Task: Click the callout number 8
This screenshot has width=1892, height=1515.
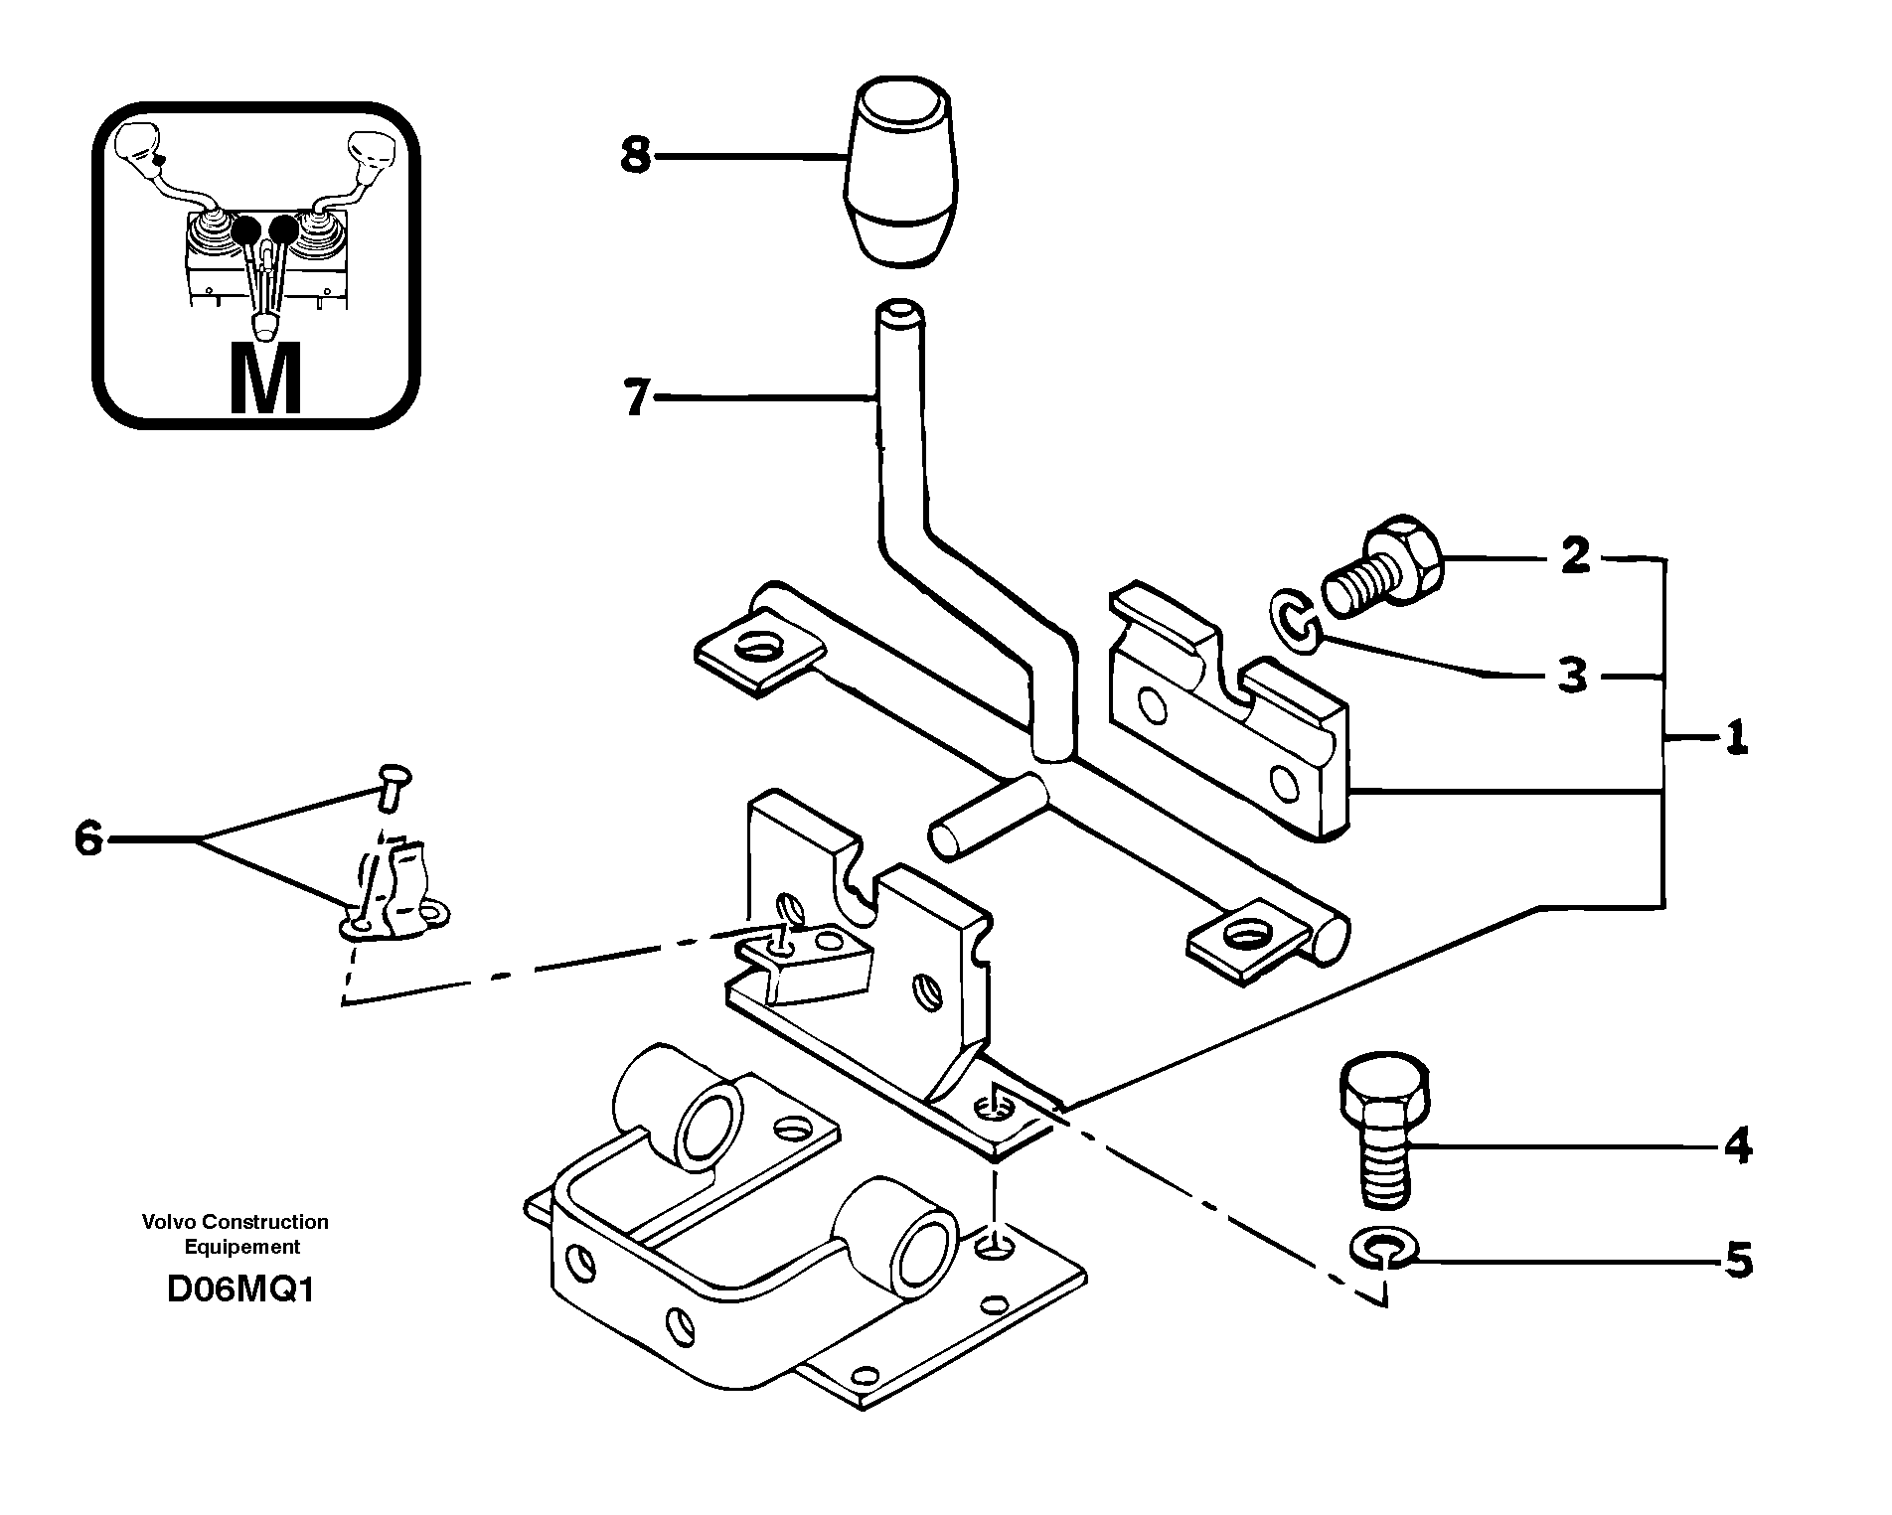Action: click(x=636, y=156)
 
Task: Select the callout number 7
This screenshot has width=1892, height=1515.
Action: click(x=636, y=399)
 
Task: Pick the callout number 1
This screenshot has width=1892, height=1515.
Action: click(x=1736, y=739)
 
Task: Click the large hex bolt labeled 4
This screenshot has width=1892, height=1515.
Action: click(x=1384, y=1134)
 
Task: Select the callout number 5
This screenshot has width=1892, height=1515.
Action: click(x=1737, y=1263)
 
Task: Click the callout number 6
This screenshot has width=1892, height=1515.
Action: click(x=88, y=840)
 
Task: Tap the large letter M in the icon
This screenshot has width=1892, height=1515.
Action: click(x=264, y=379)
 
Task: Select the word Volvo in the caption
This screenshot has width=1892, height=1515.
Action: click(x=170, y=1222)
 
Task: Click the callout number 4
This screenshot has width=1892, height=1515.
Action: click(x=1737, y=1147)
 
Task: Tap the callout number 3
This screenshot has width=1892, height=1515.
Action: click(x=1572, y=677)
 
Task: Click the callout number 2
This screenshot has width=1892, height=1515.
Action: click(x=1575, y=556)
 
